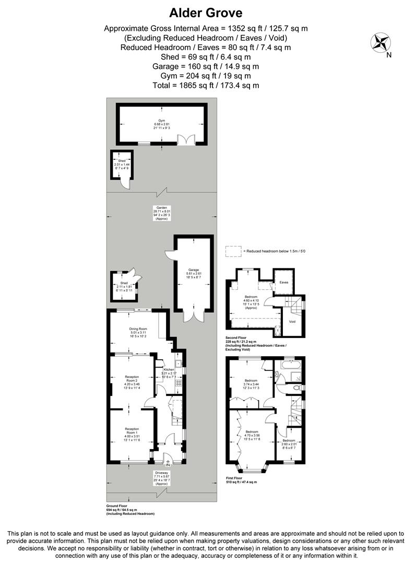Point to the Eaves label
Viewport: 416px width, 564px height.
point(284,282)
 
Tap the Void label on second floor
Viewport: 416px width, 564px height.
point(292,321)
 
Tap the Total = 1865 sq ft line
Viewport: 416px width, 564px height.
point(206,85)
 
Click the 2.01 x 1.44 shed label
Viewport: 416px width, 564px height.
point(121,164)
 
